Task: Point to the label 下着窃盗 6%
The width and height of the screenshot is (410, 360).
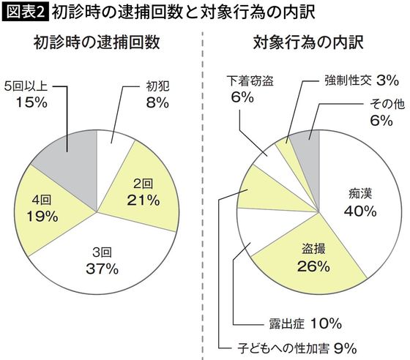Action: [x=245, y=88]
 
